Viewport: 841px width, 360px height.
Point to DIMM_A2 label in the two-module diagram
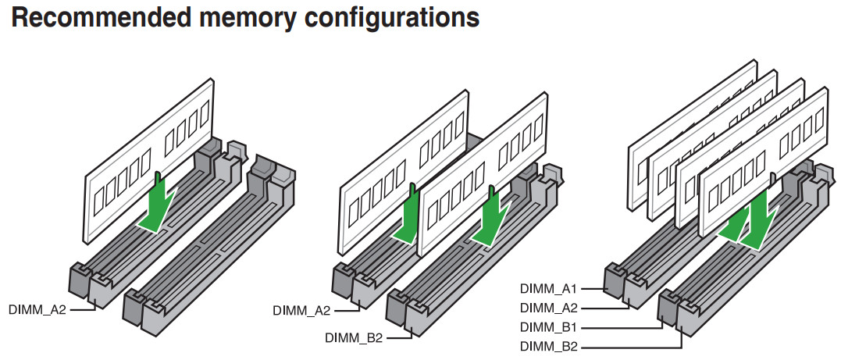[x=302, y=310]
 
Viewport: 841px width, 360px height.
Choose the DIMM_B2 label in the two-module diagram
[x=353, y=337]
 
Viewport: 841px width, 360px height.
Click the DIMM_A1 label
[x=549, y=289]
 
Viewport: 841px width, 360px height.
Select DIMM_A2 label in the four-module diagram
[x=549, y=308]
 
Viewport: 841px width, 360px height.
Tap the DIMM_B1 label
[x=549, y=327]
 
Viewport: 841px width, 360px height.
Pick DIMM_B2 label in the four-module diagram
[x=549, y=346]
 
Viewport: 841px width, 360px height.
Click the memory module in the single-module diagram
[x=148, y=156]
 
